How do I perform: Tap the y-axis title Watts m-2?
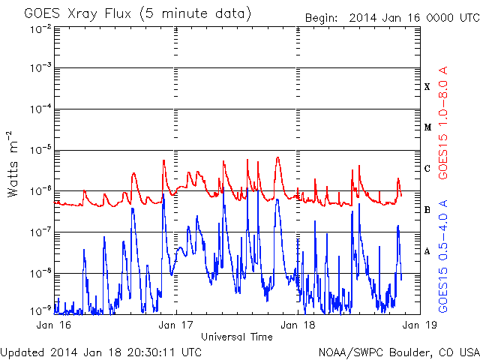(12, 164)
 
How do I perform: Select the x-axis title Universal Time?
(237, 337)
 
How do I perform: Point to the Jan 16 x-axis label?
(53, 325)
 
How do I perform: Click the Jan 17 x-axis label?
(175, 325)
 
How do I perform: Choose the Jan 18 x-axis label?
(298, 325)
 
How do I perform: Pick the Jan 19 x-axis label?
(420, 325)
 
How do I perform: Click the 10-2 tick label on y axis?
(40, 30)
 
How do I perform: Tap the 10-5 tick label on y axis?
(40, 150)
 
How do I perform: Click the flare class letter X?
(427, 87)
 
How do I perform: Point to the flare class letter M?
(427, 127)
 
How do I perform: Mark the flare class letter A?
(427, 251)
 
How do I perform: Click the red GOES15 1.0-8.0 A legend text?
(443, 122)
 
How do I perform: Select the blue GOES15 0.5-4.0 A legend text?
(443, 256)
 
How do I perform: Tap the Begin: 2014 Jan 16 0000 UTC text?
(392, 18)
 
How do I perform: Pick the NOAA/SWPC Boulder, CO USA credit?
(399, 352)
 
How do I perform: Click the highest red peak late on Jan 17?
(277, 158)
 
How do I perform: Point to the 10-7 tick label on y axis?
(40, 232)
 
